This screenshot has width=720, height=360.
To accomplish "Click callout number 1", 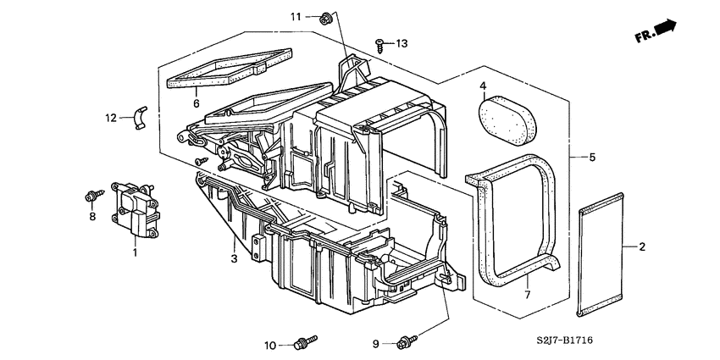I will pyautogui.click(x=135, y=252).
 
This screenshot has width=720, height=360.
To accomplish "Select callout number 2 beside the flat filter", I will pyautogui.click(x=642, y=247).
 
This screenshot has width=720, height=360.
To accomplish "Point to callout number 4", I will pyautogui.click(x=482, y=86).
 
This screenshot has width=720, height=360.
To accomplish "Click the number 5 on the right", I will pyautogui.click(x=592, y=158).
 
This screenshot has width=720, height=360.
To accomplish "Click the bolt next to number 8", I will pyautogui.click(x=90, y=197).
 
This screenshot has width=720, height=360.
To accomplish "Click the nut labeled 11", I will pyautogui.click(x=326, y=17).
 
